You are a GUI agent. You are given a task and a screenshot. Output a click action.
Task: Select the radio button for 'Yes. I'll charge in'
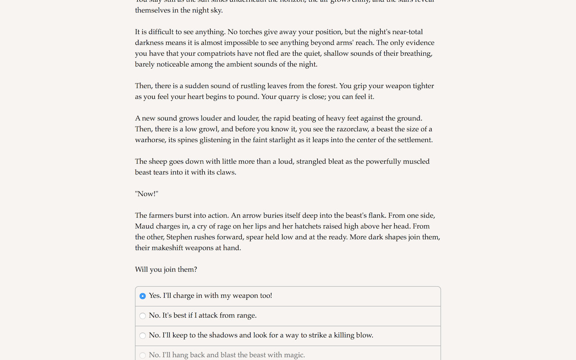[x=143, y=296]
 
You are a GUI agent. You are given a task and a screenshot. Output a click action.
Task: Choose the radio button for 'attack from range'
[x=143, y=316]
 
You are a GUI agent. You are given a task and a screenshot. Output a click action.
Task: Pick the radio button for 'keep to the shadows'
[x=143, y=336]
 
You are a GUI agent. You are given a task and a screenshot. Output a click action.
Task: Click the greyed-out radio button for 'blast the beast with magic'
[x=143, y=355]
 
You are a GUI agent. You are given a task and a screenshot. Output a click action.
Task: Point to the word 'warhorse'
[x=150, y=140]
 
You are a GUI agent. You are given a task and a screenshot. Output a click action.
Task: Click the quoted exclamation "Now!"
[x=147, y=194]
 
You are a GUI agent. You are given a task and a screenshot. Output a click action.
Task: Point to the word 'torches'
[x=255, y=32]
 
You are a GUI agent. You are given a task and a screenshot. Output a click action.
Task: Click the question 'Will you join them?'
[x=166, y=270]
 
